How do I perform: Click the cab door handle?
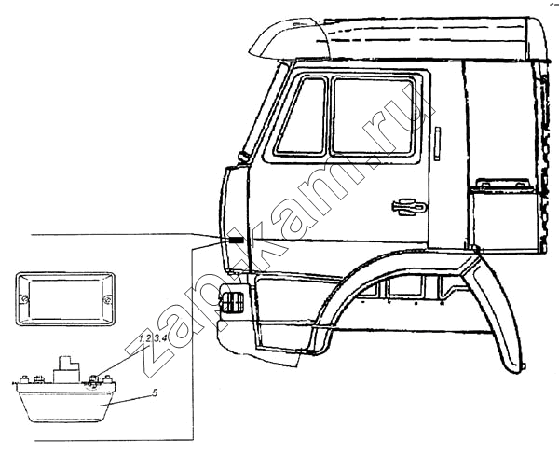tap(409, 207)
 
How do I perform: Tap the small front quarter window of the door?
tap(303, 116)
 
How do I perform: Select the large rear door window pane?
tap(373, 116)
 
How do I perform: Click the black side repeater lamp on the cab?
tap(237, 241)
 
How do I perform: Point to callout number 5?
tap(155, 392)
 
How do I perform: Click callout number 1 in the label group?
tap(141, 338)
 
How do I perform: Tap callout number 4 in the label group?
tap(164, 338)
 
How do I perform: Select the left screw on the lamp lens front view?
tap(24, 299)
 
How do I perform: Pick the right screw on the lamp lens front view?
tap(107, 300)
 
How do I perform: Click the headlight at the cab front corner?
tap(232, 301)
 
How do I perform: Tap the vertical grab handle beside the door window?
tap(437, 144)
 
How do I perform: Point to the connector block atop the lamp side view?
tap(66, 369)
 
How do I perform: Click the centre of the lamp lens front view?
tap(65, 299)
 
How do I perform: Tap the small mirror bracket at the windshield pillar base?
tap(244, 157)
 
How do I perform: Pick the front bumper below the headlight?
tap(257, 340)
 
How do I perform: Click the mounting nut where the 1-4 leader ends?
tap(92, 378)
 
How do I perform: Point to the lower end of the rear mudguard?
tap(515, 367)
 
